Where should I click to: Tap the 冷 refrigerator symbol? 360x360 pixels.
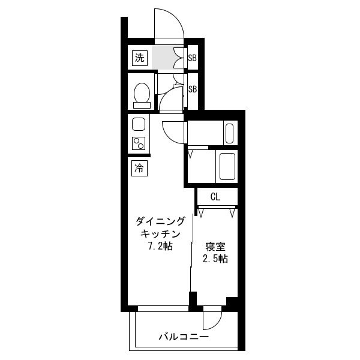(139, 168)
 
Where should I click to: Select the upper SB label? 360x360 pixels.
(193, 58)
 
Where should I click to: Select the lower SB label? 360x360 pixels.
(193, 89)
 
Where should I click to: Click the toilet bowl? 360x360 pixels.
(142, 92)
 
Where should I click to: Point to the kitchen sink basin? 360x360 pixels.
(139, 124)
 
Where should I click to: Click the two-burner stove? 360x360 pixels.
(139, 143)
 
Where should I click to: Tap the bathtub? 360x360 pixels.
(227, 166)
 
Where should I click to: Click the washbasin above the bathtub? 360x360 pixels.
(230, 133)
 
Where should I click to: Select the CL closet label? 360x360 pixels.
(215, 197)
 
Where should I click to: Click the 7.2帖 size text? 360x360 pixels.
(160, 247)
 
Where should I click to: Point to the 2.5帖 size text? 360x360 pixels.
(215, 259)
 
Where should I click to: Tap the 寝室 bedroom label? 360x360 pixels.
(215, 247)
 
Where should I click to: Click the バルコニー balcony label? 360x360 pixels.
(184, 337)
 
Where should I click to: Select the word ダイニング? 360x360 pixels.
(160, 221)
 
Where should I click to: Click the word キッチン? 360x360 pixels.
(160, 234)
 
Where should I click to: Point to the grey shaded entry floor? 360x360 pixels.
(163, 58)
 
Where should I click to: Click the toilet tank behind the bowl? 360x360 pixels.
(142, 106)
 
